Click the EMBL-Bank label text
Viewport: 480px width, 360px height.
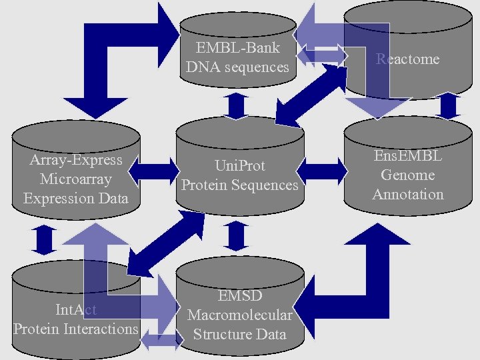click(x=237, y=48)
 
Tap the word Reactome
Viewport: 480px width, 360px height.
click(x=407, y=59)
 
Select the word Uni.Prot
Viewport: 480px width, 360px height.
click(x=239, y=165)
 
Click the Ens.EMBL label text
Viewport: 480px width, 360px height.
click(x=407, y=156)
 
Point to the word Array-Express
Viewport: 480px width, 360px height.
click(x=76, y=159)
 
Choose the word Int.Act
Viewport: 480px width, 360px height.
click(x=75, y=309)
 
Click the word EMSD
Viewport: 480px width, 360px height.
click(x=239, y=295)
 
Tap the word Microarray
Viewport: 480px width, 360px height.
click(x=75, y=179)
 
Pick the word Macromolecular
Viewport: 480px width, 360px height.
click(x=239, y=315)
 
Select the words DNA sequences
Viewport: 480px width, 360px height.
click(x=237, y=67)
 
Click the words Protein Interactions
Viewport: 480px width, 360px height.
click(x=75, y=329)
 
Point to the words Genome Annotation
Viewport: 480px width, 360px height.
click(x=407, y=185)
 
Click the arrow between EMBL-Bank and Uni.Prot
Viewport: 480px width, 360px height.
click(x=237, y=106)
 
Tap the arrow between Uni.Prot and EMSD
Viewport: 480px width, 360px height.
click(x=237, y=236)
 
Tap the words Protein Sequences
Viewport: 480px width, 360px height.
click(x=239, y=185)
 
